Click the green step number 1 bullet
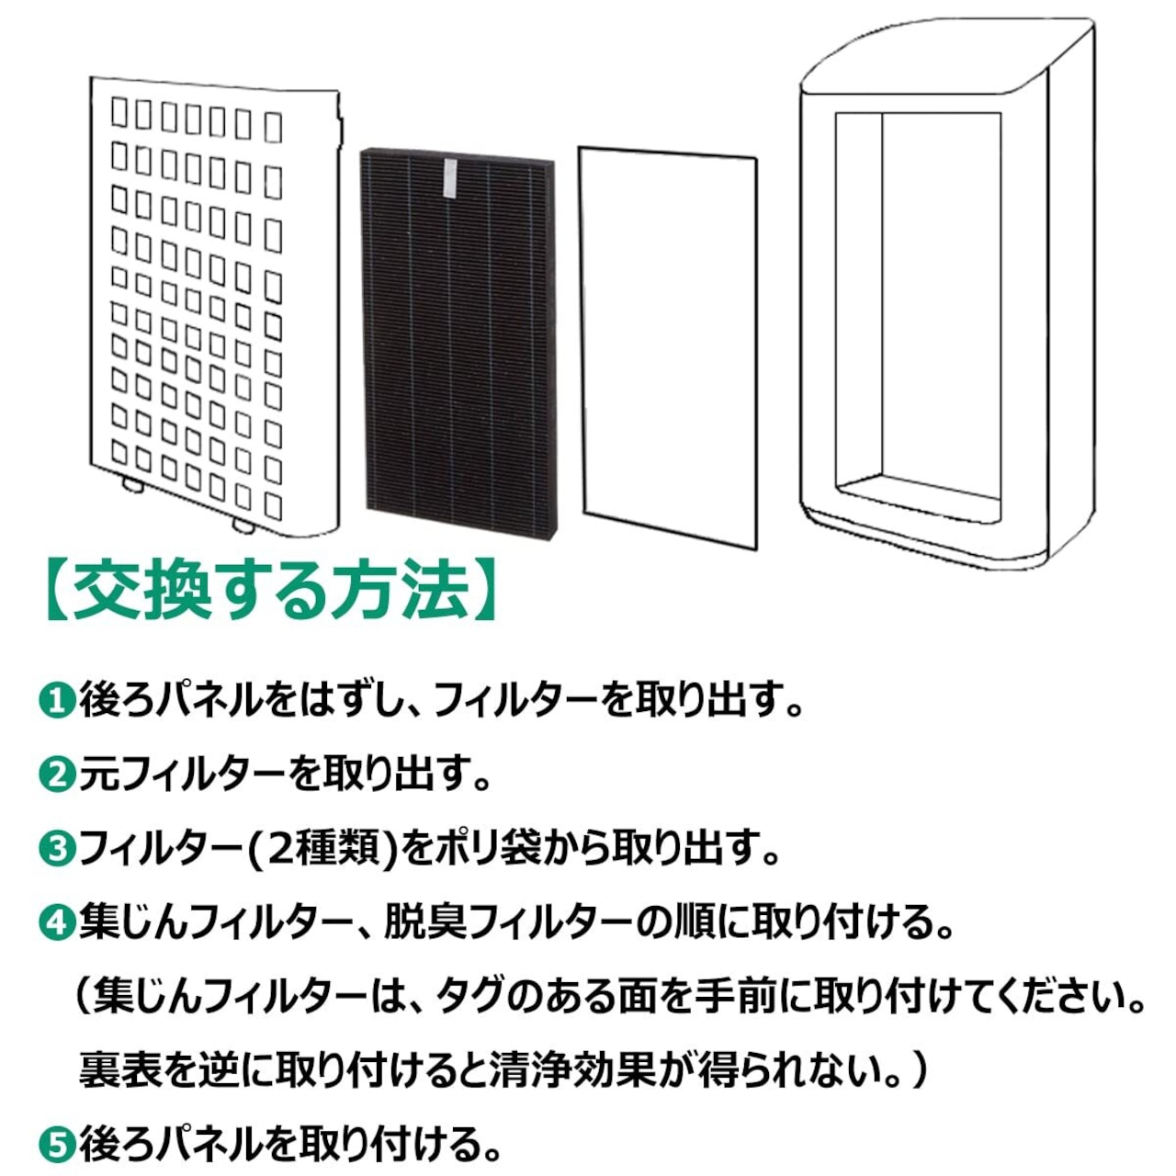coord(57,702)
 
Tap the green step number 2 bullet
coord(57,776)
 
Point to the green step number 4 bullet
coord(57,922)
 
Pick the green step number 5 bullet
coord(57,1145)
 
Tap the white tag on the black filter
coord(449,176)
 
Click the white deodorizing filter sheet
coord(669,345)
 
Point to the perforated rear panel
coord(211,303)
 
